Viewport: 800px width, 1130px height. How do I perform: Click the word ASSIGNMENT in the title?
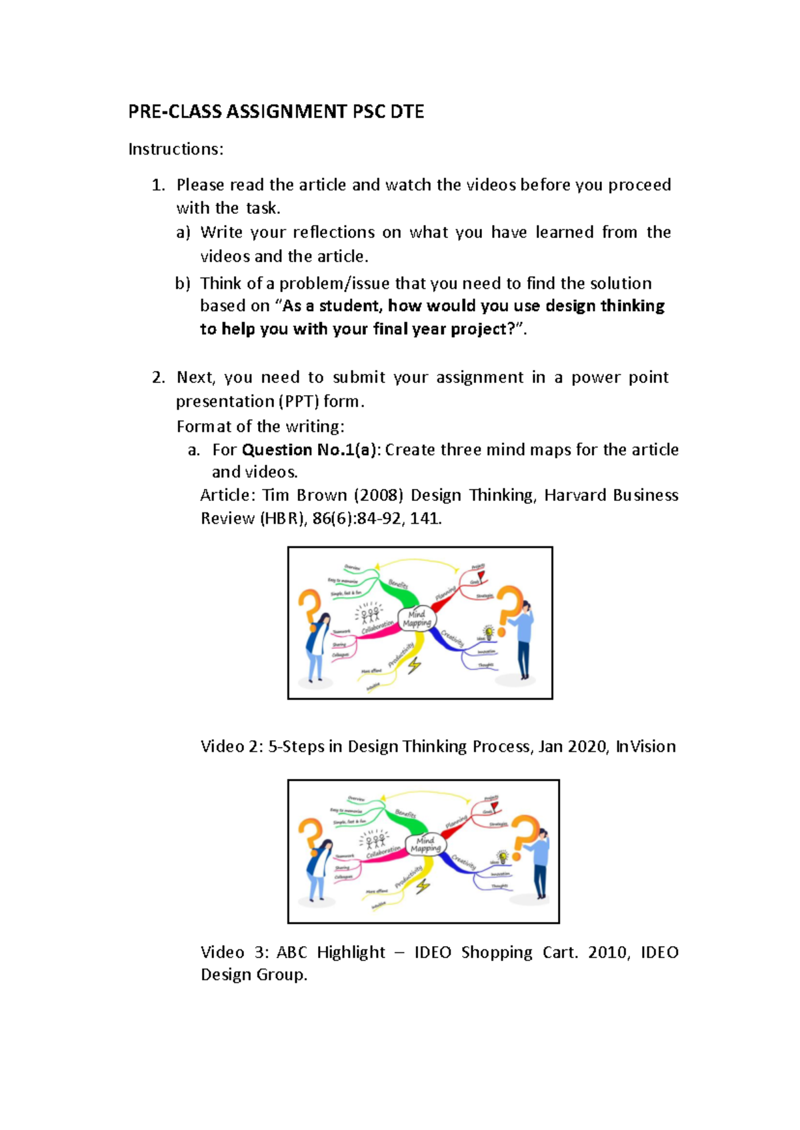click(x=287, y=111)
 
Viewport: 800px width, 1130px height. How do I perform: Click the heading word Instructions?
click(x=175, y=149)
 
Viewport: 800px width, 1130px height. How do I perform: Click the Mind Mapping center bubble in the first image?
click(x=417, y=619)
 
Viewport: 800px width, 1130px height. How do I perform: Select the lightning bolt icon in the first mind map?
click(x=415, y=664)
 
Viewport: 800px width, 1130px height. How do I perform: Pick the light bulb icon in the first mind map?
click(x=489, y=632)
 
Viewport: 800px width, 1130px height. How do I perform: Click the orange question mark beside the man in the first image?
click(x=510, y=603)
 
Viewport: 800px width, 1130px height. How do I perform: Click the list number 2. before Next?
click(x=158, y=378)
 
